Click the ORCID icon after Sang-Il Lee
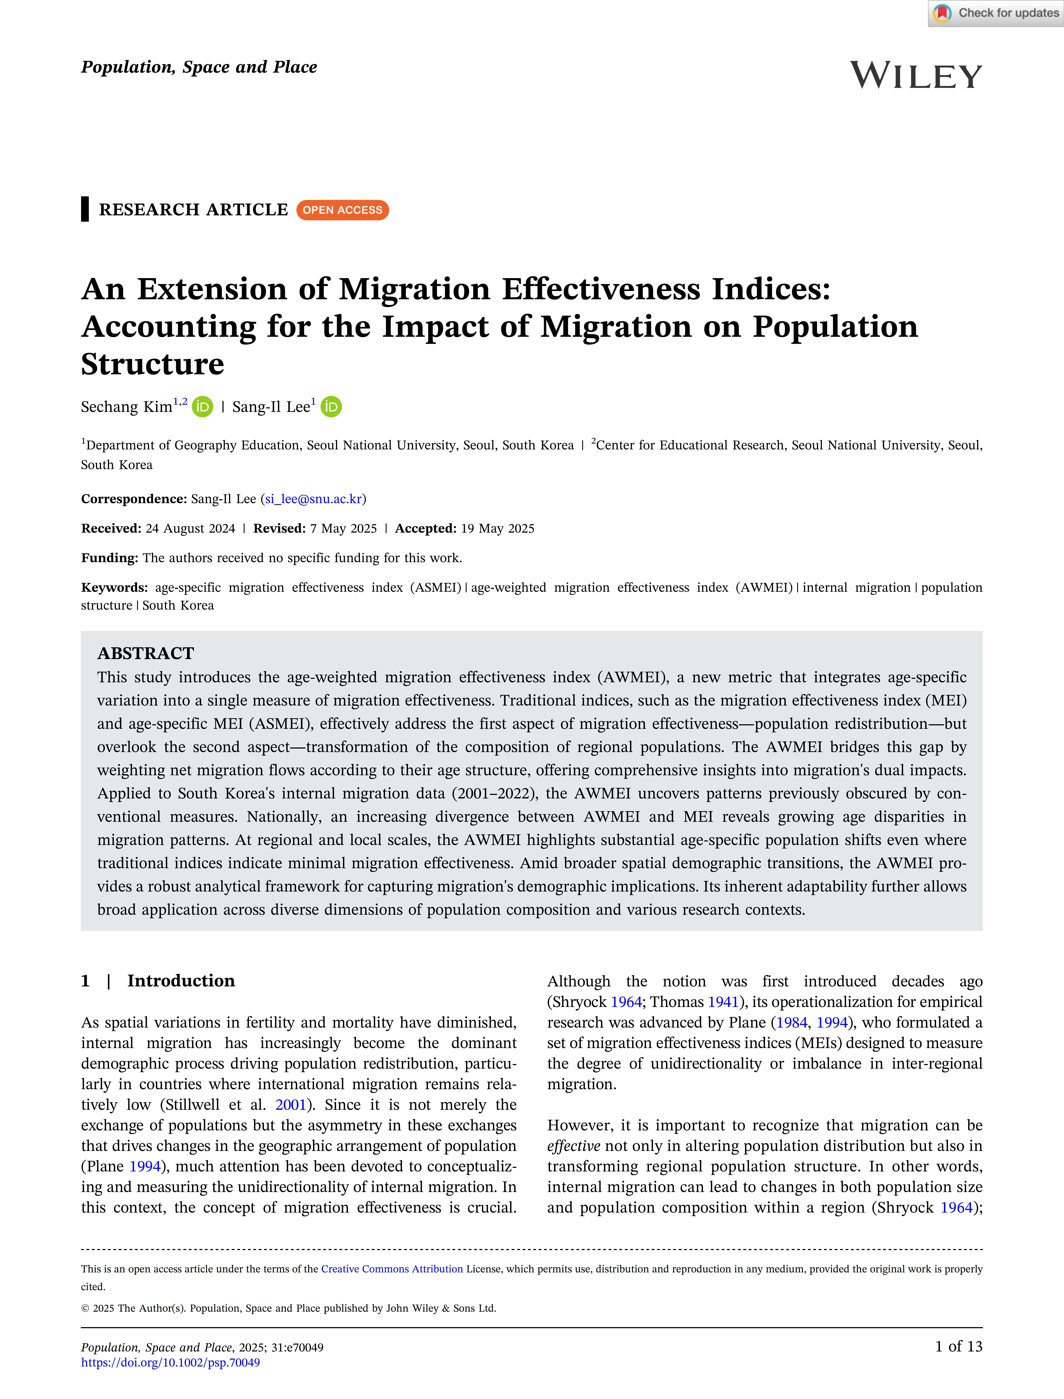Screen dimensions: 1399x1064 pos(331,407)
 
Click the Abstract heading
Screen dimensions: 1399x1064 pos(146,653)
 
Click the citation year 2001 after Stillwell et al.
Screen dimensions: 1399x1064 pos(291,1104)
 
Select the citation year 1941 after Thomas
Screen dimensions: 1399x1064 pos(723,1002)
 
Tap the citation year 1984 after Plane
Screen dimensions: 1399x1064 pos(792,1022)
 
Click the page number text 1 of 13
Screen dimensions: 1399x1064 pos(958,1346)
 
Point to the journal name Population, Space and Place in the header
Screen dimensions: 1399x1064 pos(199,67)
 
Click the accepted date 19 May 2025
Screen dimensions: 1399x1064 pos(497,528)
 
